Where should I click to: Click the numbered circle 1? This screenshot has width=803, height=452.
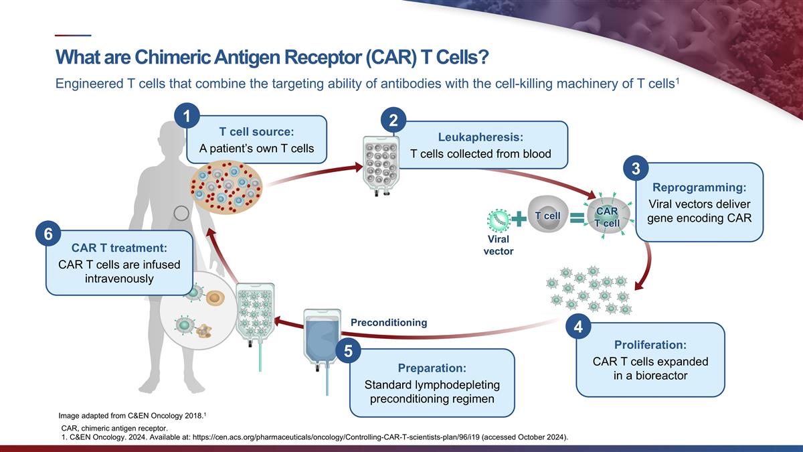click(187, 116)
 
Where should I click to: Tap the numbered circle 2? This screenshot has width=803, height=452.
click(393, 120)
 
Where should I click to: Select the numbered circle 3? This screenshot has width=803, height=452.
click(636, 168)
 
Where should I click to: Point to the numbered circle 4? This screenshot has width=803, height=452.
click(578, 327)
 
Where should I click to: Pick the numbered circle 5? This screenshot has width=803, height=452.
click(348, 351)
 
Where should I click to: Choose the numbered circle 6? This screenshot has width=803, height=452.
click(48, 234)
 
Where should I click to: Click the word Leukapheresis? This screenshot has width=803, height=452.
click(479, 137)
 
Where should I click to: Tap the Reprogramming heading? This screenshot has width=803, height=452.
click(699, 187)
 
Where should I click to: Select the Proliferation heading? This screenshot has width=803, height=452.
click(650, 345)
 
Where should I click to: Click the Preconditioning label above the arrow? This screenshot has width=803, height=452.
click(389, 323)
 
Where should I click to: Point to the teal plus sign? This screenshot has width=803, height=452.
click(519, 218)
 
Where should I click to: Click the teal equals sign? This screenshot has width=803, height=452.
click(577, 218)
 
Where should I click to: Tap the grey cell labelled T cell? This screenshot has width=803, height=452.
click(548, 214)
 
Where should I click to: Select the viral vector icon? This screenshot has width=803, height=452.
click(499, 220)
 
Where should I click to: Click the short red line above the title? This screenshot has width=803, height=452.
click(73, 35)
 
